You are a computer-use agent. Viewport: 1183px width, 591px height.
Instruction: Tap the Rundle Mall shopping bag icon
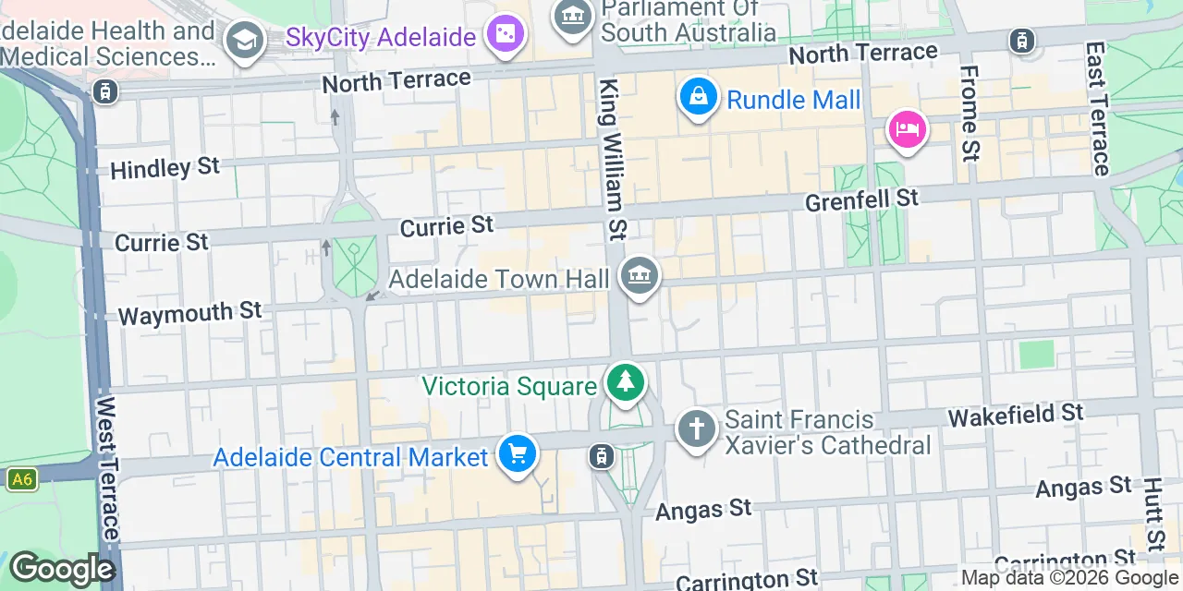699,97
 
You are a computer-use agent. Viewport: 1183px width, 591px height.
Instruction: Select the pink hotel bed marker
907,129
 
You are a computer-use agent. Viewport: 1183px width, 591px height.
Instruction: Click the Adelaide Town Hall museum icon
640,276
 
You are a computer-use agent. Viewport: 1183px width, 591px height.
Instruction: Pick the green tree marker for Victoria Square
626,381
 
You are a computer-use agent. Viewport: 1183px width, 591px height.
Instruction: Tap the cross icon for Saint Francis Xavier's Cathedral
697,430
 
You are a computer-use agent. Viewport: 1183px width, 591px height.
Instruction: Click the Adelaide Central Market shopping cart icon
517,453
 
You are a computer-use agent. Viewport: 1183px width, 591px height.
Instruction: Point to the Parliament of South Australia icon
573,17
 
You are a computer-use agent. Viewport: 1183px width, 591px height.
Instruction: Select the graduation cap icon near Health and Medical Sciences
245,40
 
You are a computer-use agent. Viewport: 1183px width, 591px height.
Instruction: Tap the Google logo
61,570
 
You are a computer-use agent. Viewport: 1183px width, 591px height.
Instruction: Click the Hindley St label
165,168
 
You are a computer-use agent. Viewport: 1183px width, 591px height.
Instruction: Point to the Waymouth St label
190,313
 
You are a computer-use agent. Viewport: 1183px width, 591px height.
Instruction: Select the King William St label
614,159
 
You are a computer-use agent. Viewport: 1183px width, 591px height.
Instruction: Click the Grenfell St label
861,199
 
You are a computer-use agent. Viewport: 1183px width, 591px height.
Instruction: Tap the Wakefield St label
1015,415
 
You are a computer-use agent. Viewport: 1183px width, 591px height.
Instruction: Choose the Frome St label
970,112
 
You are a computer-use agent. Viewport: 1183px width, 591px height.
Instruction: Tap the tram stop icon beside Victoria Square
602,456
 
